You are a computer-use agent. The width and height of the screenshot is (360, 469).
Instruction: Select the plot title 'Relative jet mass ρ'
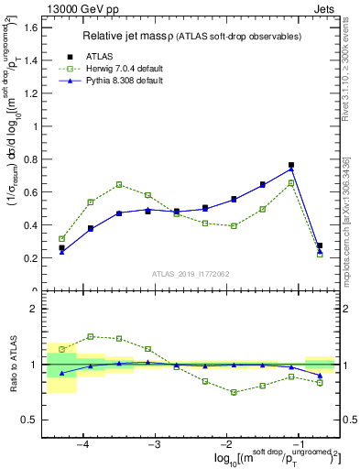[x=136, y=36]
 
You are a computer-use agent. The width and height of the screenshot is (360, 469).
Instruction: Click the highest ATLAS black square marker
[x=291, y=166]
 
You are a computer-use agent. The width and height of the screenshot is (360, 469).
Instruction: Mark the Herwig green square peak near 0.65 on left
[x=119, y=184]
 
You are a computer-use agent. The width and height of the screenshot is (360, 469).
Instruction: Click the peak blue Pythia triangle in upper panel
[x=291, y=169]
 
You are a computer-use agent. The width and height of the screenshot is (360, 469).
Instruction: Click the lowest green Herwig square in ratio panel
[x=235, y=392]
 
